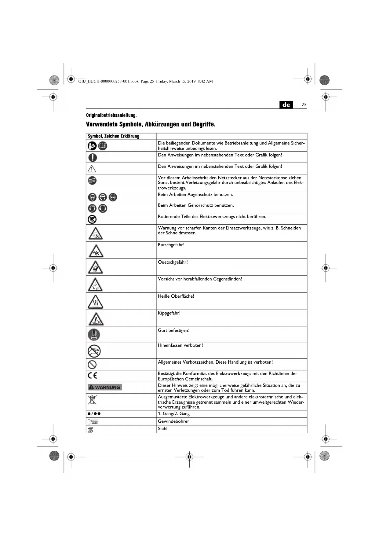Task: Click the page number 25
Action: [x=304, y=105]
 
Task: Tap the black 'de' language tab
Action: [x=286, y=105]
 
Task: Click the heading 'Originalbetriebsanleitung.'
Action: [x=111, y=115]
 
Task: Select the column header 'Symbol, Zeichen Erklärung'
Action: [x=114, y=136]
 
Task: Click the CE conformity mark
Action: [x=93, y=376]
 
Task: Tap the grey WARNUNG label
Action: [x=104, y=387]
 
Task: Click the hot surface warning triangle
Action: [x=95, y=302]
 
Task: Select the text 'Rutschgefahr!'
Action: [x=171, y=245]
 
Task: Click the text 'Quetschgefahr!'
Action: [x=173, y=262]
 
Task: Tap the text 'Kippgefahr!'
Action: [x=169, y=313]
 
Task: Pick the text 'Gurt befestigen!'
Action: [x=174, y=330]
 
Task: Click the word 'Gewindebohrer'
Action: [x=173, y=421]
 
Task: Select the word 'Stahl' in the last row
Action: [x=162, y=429]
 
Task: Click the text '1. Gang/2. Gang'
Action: [x=174, y=414]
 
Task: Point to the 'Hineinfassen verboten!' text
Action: [x=180, y=345]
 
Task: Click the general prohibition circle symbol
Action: [x=92, y=364]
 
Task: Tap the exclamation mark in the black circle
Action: [x=93, y=157]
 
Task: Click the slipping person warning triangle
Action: [x=96, y=251]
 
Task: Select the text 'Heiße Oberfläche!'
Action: [x=176, y=296]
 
